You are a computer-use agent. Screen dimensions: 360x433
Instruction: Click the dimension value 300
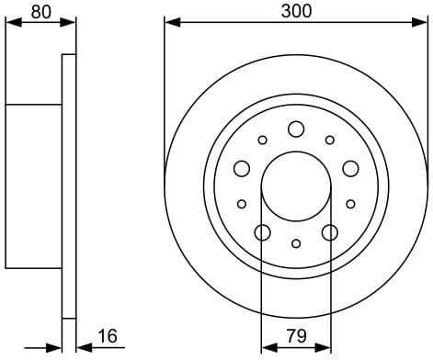click(297, 11)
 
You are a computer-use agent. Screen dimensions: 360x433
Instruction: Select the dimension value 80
click(40, 12)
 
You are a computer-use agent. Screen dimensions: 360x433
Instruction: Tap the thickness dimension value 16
click(108, 336)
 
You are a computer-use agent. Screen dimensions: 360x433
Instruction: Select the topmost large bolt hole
click(296, 129)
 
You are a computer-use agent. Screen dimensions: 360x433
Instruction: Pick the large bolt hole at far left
click(242, 168)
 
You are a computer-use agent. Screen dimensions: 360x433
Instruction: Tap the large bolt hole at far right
click(350, 168)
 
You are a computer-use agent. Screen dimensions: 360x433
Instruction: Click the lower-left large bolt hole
click(262, 232)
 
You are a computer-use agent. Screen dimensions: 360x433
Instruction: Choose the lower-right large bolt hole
click(330, 232)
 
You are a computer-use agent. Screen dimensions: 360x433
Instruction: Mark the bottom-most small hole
click(296, 243)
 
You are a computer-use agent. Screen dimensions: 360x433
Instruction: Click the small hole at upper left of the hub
click(262, 141)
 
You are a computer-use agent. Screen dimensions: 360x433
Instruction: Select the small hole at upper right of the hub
click(330, 141)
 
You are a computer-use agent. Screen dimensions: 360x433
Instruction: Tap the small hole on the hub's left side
click(242, 204)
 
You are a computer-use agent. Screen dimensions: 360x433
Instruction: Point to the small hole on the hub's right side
click(350, 204)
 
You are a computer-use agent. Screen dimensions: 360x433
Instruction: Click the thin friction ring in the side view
click(68, 184)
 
